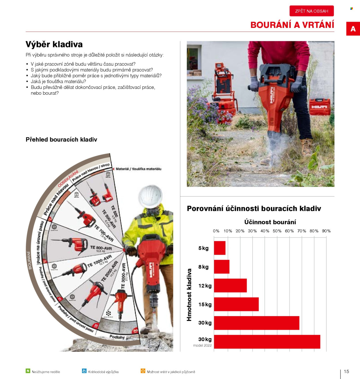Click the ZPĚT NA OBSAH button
[x=312, y=11]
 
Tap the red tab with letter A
[x=353, y=29]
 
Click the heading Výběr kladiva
[x=54, y=44]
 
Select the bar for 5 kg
[x=220, y=248]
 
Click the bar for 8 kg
[x=221, y=267]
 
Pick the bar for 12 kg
[x=230, y=285]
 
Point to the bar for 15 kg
[x=236, y=304]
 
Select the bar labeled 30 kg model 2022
[x=267, y=342]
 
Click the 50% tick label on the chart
[x=277, y=231]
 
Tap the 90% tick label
[x=326, y=231]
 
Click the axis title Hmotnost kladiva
[x=189, y=295]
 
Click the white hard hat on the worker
[x=150, y=196]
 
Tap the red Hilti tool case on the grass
[x=320, y=107]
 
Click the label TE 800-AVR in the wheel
[x=101, y=248]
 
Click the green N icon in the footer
[x=28, y=371]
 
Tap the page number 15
[x=346, y=371]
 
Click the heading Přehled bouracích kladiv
[x=61, y=140]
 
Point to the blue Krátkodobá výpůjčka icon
[x=84, y=371]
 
